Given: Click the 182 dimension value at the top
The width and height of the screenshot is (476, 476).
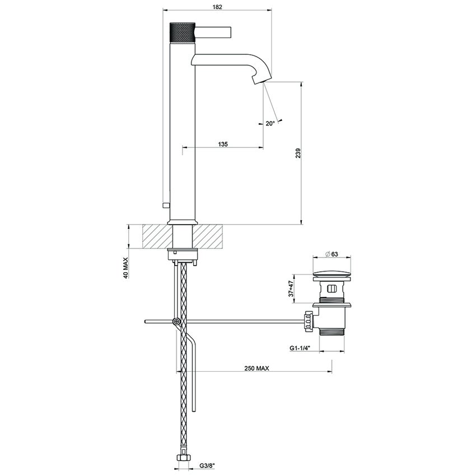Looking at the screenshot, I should (x=218, y=7).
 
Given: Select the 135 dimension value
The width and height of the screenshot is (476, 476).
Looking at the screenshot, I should (x=223, y=144).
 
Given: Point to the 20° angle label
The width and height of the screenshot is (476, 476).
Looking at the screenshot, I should (x=270, y=123).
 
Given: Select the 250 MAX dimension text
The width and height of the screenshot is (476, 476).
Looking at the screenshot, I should (x=257, y=368).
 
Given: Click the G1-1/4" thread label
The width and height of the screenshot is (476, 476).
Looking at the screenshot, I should (x=301, y=348).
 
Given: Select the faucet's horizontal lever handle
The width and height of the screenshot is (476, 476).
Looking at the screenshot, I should (x=212, y=29).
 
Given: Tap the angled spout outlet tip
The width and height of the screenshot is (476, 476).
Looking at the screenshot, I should (x=258, y=81).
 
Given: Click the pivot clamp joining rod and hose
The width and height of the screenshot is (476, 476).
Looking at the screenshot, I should (x=177, y=321).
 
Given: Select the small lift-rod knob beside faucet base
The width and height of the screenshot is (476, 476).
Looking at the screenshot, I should (x=164, y=206).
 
